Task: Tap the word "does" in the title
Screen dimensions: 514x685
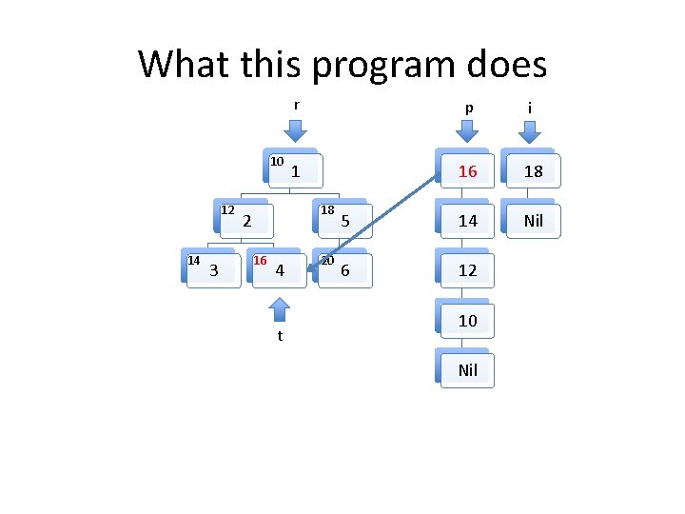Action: (x=506, y=65)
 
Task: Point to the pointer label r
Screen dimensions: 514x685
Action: (x=296, y=105)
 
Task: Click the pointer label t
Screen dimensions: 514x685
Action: (x=280, y=336)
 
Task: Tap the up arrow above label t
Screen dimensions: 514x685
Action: (x=280, y=308)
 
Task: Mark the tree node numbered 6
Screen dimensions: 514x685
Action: (x=344, y=270)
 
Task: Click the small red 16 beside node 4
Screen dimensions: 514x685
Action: (x=260, y=260)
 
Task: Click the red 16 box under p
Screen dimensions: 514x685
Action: (x=467, y=171)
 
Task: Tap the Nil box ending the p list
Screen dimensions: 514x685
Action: (x=467, y=369)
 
